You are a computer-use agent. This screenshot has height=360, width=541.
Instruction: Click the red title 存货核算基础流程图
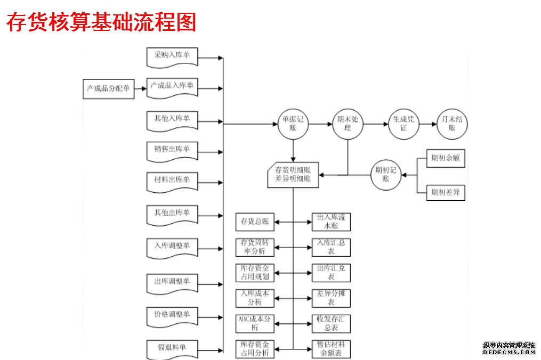click(101, 22)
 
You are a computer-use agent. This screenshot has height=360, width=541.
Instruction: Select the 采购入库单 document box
click(172, 56)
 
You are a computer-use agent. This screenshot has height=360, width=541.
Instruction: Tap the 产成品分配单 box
click(108, 88)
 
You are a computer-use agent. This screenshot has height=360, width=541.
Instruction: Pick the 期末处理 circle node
click(348, 124)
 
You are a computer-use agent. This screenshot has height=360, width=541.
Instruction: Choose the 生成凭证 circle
click(403, 124)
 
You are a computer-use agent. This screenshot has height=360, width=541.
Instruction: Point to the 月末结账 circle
click(453, 124)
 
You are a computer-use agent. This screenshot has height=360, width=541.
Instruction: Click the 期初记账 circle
click(386, 174)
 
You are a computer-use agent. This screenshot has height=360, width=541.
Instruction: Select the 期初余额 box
click(446, 158)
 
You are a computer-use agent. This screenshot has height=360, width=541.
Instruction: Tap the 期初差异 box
click(446, 192)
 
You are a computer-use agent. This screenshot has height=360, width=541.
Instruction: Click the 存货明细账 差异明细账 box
click(293, 175)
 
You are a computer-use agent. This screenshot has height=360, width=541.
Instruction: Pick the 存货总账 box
click(255, 222)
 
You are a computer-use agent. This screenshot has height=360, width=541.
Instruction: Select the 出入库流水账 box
click(331, 222)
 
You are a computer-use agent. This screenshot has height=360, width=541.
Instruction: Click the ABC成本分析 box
click(255, 323)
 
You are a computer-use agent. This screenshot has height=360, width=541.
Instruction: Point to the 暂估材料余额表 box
click(331, 349)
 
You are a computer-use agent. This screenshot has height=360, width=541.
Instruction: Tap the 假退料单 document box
click(172, 348)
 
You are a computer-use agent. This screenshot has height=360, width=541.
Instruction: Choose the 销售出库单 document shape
click(172, 150)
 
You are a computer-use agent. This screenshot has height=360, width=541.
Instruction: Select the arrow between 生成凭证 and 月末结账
click(427, 124)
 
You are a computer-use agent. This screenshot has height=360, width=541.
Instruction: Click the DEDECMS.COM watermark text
click(508, 352)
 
